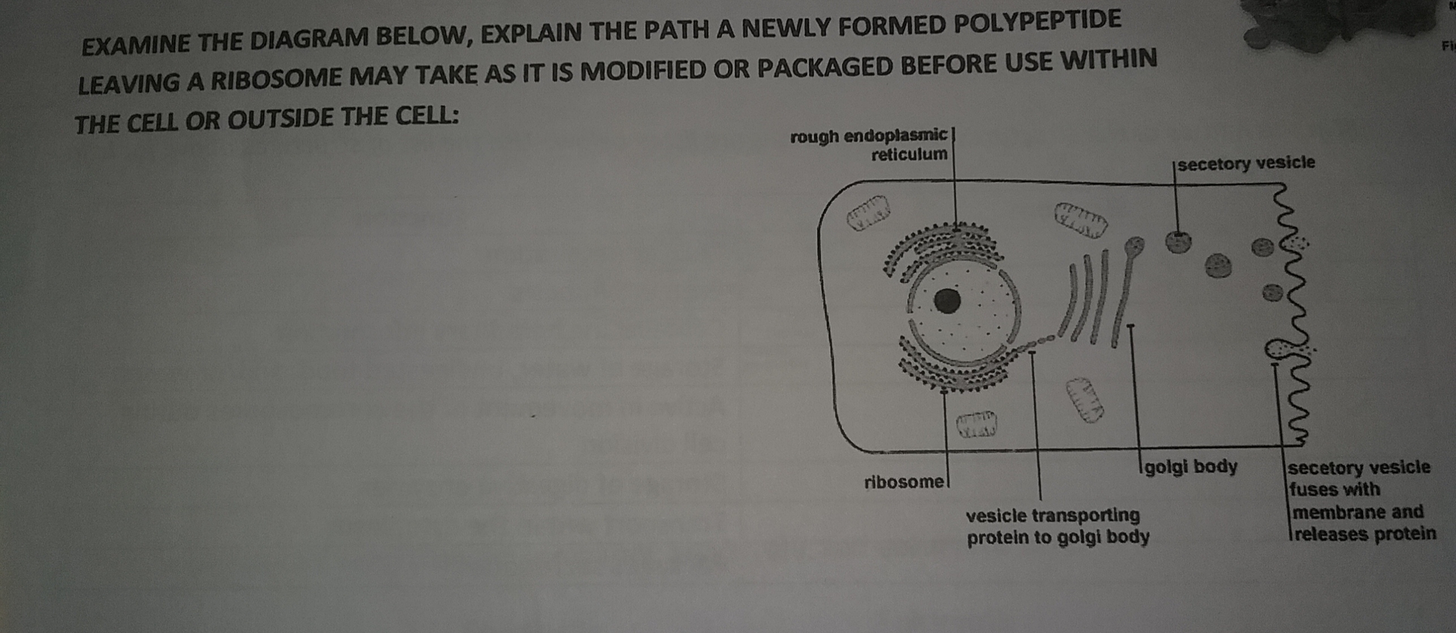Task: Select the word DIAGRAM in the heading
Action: coord(309,39)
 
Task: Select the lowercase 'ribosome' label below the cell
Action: coord(904,482)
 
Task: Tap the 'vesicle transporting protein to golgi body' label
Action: coord(1057,526)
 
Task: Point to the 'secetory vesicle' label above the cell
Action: coord(1246,163)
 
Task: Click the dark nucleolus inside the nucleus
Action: coord(947,301)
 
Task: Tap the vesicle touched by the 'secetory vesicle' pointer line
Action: coord(1178,242)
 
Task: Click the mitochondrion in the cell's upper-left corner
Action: coord(868,213)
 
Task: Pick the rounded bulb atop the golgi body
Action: coord(1134,244)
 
